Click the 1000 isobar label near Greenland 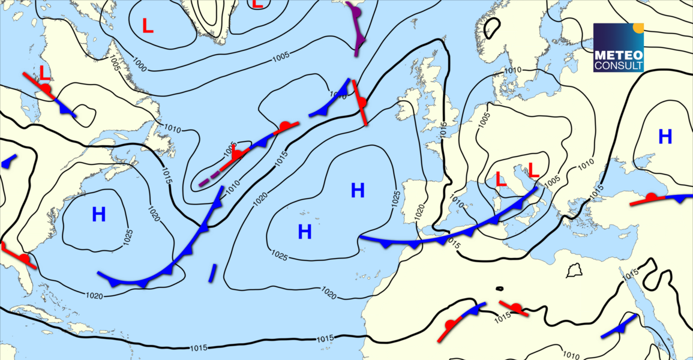[140, 64]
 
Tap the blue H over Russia [665, 137]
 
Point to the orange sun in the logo [638, 27]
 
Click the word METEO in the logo [618, 55]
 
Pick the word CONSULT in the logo [618, 65]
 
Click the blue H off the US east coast [99, 214]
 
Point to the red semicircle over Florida [23, 258]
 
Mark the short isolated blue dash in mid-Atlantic [212, 272]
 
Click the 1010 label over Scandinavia [512, 71]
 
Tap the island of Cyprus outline [575, 270]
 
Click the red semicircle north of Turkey [651, 197]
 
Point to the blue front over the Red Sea [618, 328]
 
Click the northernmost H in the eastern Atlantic [358, 191]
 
